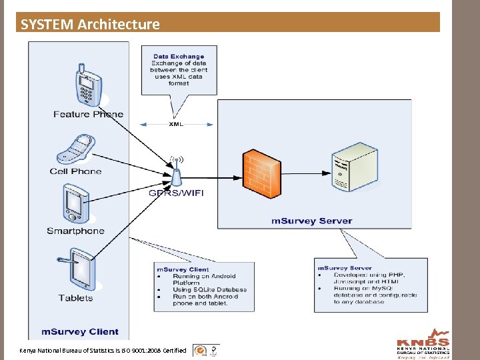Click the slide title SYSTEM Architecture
tap(90, 25)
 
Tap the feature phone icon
tap(87, 84)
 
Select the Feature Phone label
tap(88, 114)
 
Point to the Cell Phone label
tap(75, 171)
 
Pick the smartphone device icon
tap(76, 204)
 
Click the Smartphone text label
tap(75, 231)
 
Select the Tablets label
tap(75, 298)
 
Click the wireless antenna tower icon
tap(177, 172)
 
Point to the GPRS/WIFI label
tap(177, 193)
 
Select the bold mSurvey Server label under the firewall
tap(311, 221)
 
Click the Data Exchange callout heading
tap(179, 57)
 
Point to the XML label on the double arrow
tap(177, 124)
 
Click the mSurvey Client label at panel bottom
tap(79, 331)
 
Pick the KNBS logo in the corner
tap(423, 343)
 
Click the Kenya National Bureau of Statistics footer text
tap(103, 350)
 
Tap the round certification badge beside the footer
tap(199, 350)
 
